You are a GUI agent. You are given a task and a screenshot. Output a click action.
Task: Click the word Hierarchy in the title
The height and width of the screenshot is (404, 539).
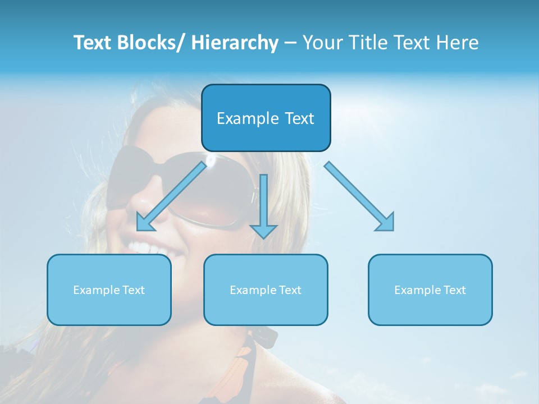[235, 43]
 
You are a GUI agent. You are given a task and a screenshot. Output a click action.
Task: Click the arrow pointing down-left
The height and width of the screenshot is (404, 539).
[171, 196]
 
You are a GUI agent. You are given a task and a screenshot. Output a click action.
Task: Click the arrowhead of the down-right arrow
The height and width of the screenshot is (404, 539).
[386, 223]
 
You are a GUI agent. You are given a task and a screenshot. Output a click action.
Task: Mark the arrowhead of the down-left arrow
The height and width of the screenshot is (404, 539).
[144, 223]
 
